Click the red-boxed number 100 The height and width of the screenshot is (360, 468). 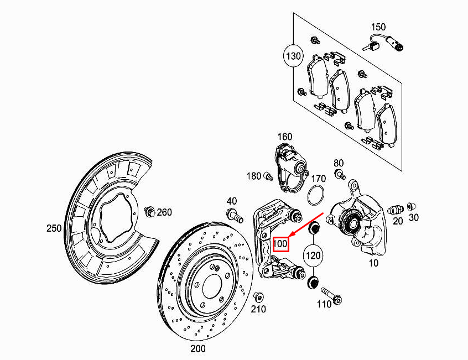[x=281, y=243]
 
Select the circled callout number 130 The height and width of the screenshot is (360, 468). [x=294, y=56]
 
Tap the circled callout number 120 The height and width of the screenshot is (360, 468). [x=314, y=255]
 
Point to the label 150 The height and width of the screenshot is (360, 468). [x=378, y=27]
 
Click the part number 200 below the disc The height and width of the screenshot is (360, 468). [x=197, y=348]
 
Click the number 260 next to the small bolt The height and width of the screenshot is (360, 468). [x=164, y=212]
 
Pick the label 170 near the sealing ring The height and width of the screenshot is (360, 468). [x=318, y=179]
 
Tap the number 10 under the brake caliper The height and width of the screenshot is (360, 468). [x=373, y=263]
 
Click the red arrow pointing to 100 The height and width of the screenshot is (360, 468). [x=306, y=224]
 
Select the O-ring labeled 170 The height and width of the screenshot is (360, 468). [x=315, y=196]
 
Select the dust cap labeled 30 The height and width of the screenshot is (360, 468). [x=410, y=206]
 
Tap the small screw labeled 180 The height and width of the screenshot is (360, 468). [x=269, y=177]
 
